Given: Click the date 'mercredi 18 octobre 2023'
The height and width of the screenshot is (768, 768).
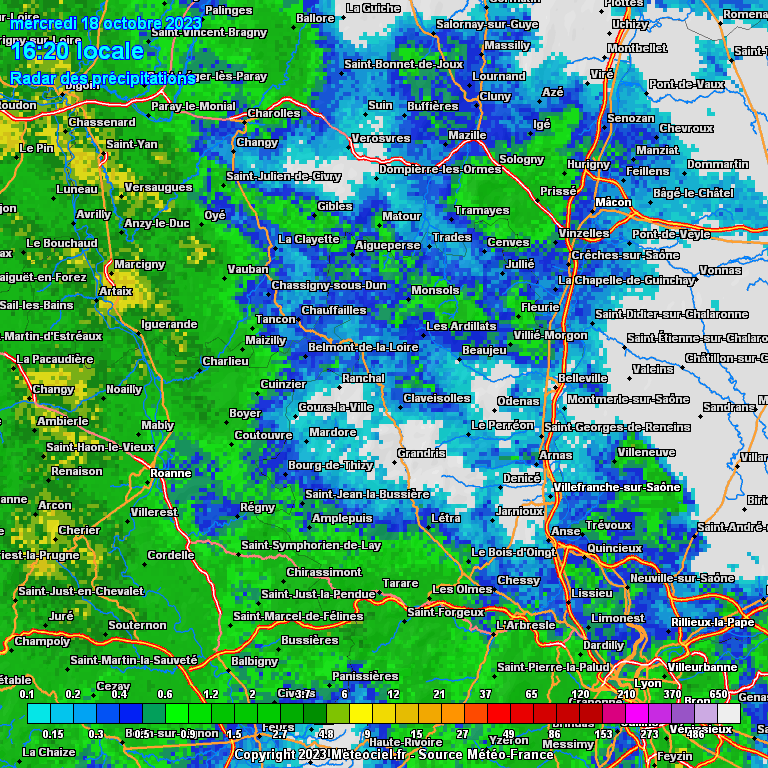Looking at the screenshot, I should (x=105, y=23).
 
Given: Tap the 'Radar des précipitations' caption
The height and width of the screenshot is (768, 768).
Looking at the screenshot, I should (x=102, y=77).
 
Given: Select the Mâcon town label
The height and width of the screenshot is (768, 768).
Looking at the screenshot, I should (x=613, y=202).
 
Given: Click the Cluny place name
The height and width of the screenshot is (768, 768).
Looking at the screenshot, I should (x=495, y=96).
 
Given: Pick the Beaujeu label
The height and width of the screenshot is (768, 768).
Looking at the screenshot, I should (x=484, y=350).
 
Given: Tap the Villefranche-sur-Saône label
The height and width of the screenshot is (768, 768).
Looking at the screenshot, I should (x=616, y=487).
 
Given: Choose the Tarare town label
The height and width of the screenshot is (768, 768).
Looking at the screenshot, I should (x=400, y=583).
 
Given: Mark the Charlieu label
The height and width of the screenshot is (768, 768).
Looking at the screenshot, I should (x=225, y=361).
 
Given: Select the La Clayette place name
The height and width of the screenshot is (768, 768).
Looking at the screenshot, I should (x=308, y=239).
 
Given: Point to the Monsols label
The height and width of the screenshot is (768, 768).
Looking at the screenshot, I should (x=435, y=291).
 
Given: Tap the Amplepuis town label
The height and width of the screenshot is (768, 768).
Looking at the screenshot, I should (x=342, y=519).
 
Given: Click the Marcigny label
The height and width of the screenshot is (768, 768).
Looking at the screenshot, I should (x=139, y=265).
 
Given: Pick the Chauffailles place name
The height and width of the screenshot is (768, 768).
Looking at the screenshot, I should (x=334, y=310).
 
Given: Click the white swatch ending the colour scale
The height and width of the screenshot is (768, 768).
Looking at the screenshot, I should (x=729, y=712).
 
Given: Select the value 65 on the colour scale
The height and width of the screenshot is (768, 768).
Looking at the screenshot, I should (x=531, y=694).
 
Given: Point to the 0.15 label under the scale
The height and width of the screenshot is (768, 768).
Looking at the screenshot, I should (x=53, y=733).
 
